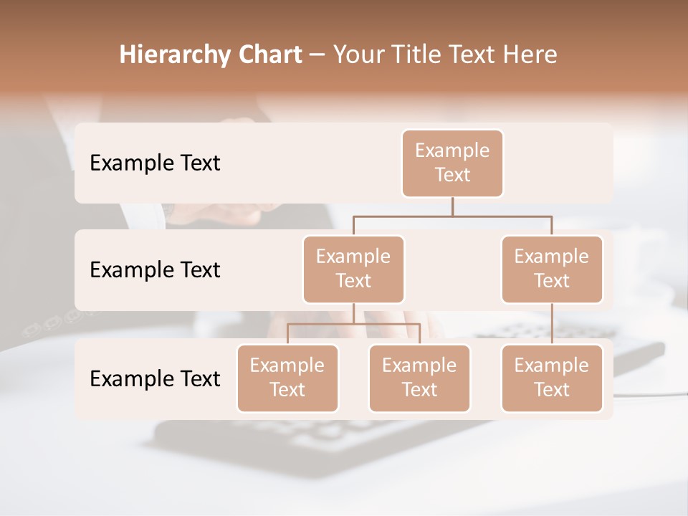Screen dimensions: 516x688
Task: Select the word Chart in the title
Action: [268, 55]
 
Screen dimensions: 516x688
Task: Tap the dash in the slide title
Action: [317, 55]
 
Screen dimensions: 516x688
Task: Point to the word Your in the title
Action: [359, 55]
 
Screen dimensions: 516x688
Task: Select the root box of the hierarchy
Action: [452, 163]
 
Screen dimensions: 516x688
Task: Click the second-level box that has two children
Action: [353, 269]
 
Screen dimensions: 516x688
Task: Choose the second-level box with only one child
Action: [552, 269]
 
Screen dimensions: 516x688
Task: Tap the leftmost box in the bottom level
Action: [287, 378]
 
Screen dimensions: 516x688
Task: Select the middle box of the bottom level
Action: [419, 378]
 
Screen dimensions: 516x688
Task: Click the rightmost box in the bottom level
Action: [552, 378]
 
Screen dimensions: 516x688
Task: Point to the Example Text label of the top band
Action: [155, 163]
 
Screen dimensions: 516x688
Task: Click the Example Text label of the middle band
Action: [155, 270]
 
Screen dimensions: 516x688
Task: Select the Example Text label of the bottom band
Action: [155, 378]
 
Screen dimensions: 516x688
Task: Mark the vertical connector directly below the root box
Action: [452, 206]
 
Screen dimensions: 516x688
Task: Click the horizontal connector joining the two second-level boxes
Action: [452, 216]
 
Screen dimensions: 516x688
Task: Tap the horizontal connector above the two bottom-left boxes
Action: [353, 324]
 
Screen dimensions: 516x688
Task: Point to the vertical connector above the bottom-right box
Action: [552, 324]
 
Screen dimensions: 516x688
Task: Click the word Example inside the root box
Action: [452, 150]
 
